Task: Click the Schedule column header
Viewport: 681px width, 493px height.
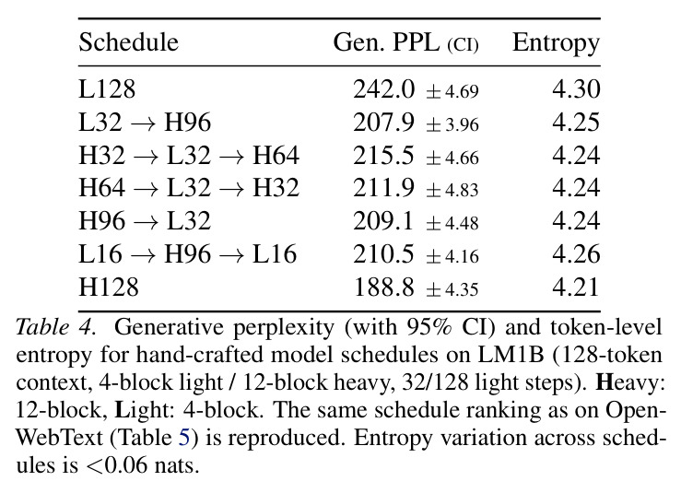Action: click(129, 42)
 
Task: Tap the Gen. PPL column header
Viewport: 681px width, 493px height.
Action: click(405, 43)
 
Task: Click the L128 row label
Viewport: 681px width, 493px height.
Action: click(107, 89)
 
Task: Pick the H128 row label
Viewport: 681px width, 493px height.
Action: click(109, 288)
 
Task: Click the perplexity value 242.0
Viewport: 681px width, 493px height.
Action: click(384, 89)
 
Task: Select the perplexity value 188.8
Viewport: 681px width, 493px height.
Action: click(384, 288)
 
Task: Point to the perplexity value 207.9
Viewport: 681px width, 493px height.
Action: click(384, 123)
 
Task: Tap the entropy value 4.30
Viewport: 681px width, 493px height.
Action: click(576, 89)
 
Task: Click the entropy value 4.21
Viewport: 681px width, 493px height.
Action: click(576, 288)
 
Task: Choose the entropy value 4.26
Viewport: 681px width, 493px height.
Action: click(576, 254)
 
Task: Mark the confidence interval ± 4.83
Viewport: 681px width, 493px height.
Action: click(452, 190)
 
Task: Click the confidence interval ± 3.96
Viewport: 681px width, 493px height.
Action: click(452, 124)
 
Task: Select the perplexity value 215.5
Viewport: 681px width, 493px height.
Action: click(384, 156)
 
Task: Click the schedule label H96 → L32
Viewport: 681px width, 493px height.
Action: click(145, 221)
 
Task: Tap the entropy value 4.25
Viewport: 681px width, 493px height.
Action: click(576, 123)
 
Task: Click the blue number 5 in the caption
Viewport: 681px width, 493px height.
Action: click(184, 438)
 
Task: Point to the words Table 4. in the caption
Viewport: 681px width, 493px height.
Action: click(55, 326)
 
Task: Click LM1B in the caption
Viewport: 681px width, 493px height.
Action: click(511, 355)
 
